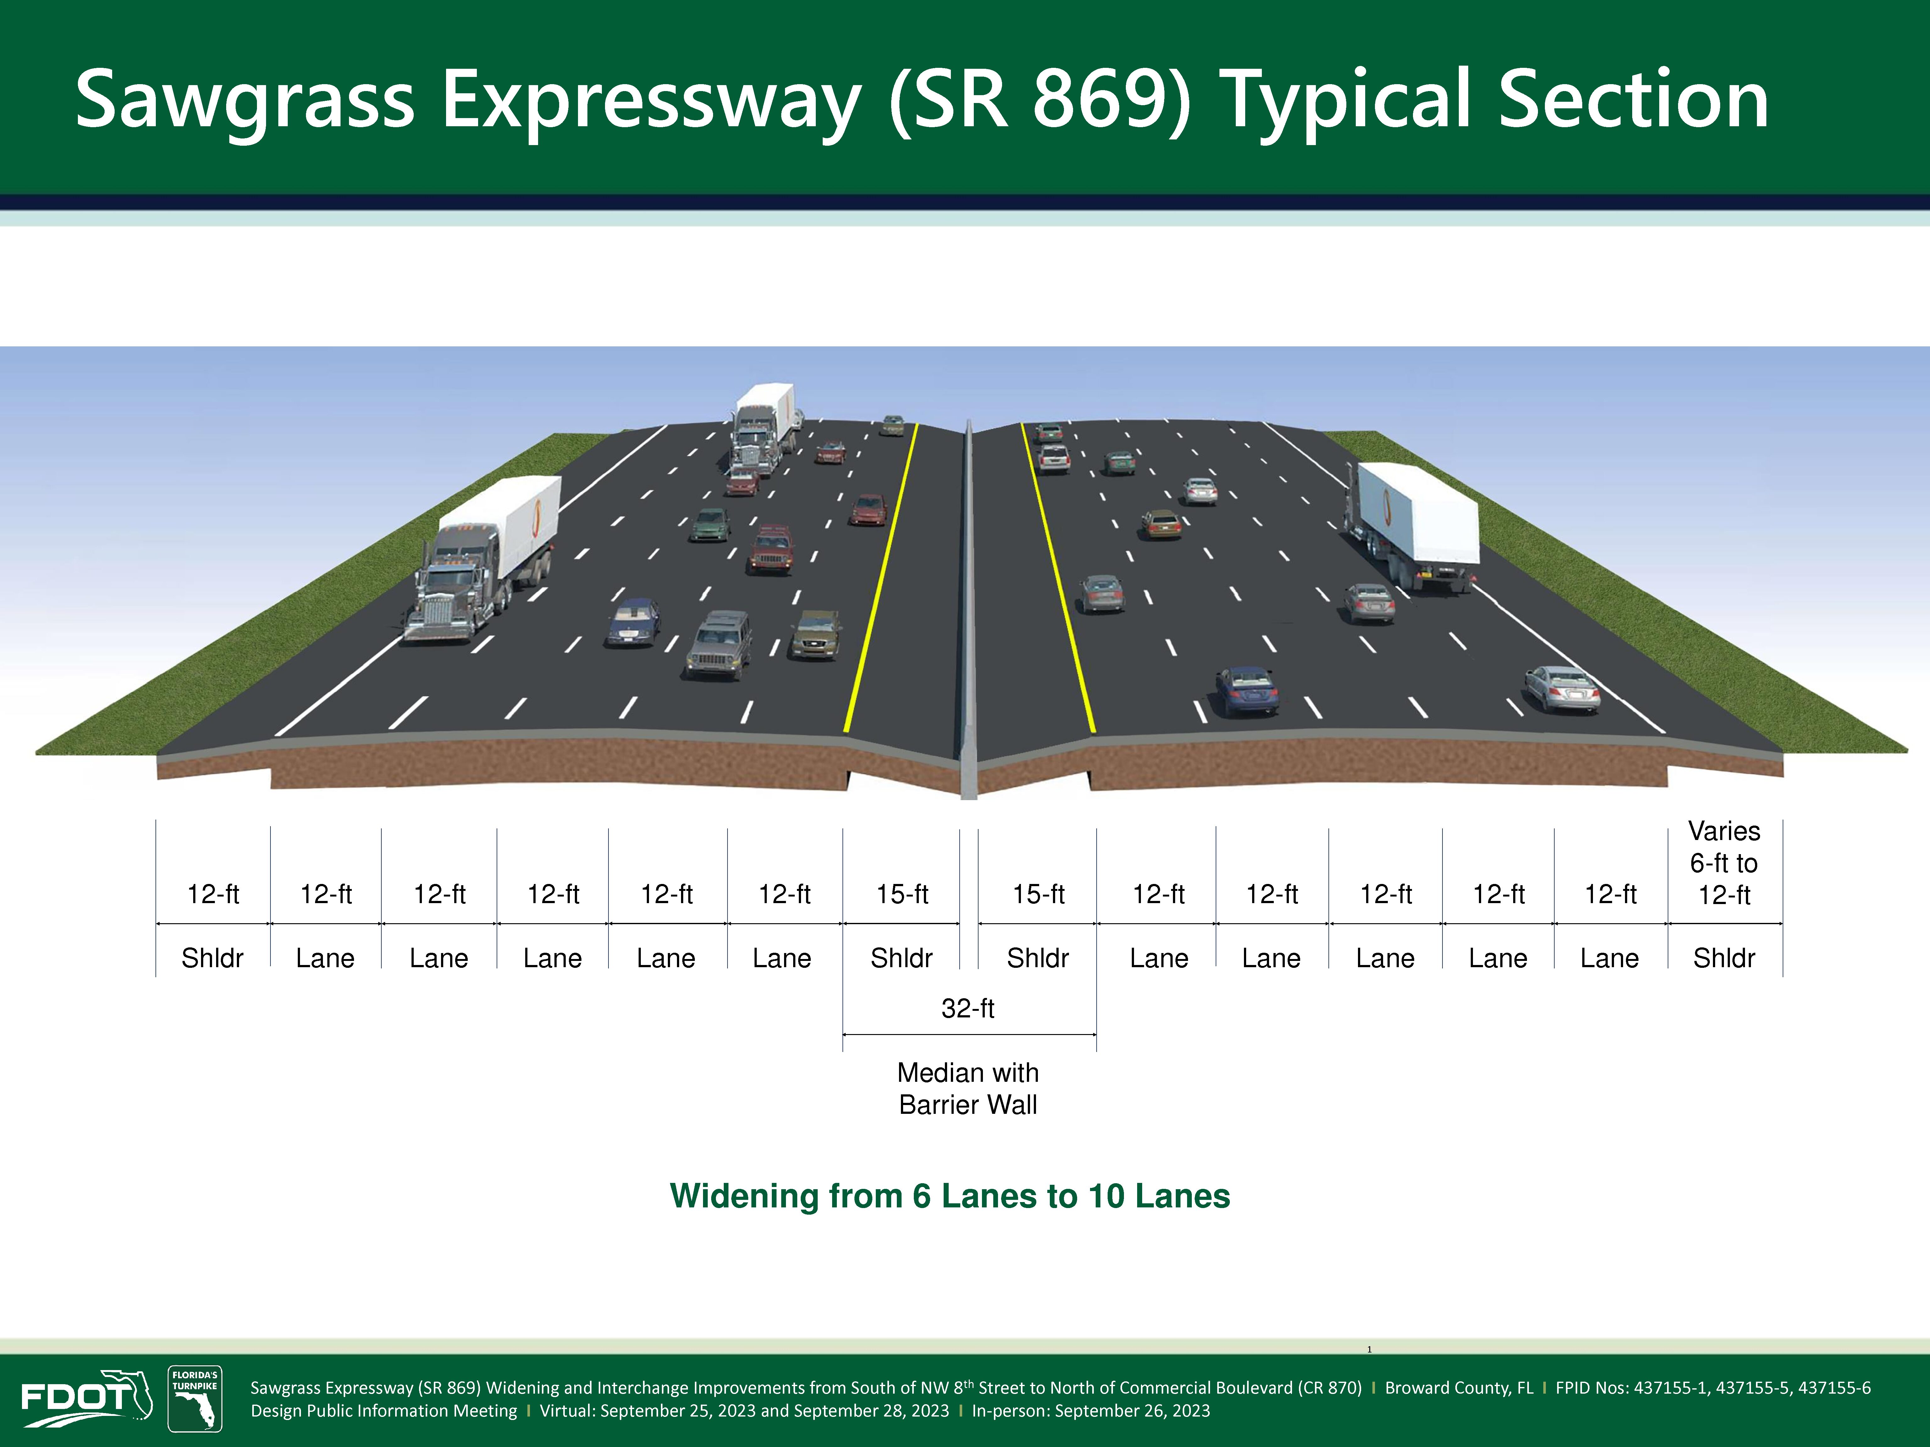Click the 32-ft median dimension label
point(968,1008)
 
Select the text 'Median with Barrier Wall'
point(968,1088)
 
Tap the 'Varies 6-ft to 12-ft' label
point(1724,863)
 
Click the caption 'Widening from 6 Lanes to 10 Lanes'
point(950,1196)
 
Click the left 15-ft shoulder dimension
point(902,894)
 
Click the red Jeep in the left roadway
point(771,550)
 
